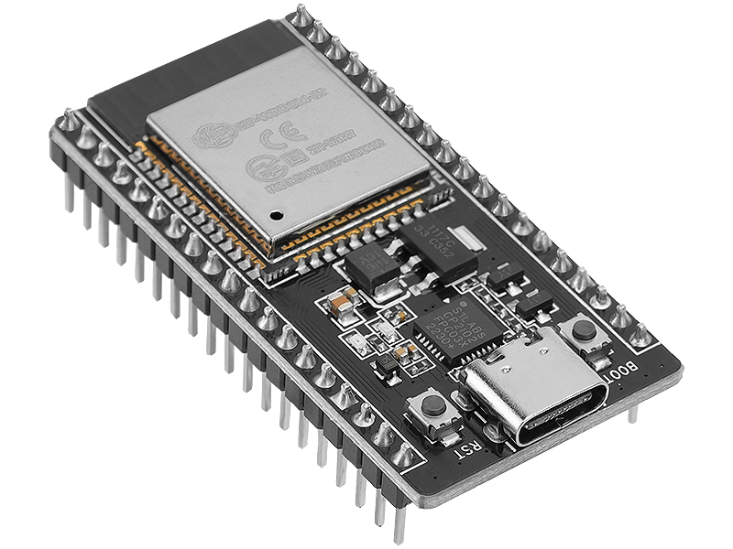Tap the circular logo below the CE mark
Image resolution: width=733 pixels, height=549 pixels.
coord(257,168)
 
